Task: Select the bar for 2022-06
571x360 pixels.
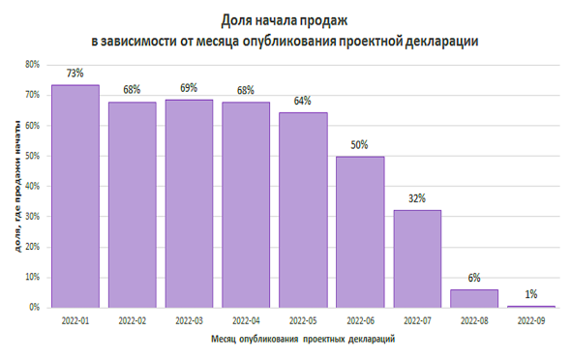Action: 360,232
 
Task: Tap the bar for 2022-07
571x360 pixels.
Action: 417,258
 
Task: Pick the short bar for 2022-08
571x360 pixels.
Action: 474,298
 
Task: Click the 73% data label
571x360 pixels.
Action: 75,73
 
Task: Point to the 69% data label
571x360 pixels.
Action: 189,88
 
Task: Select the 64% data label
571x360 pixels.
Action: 303,101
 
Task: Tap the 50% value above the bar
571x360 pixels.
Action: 360,144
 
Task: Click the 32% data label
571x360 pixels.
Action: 417,198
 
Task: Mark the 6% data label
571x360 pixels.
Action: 474,278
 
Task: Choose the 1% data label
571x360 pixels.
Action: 531,293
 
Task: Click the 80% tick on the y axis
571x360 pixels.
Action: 32,65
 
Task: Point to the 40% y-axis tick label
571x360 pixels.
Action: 32,186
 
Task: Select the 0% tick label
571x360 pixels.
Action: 34,307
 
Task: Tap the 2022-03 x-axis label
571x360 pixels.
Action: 189,319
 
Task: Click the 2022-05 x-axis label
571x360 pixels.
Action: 303,319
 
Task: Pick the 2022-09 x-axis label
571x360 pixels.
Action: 531,319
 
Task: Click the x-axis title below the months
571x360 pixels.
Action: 302,340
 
